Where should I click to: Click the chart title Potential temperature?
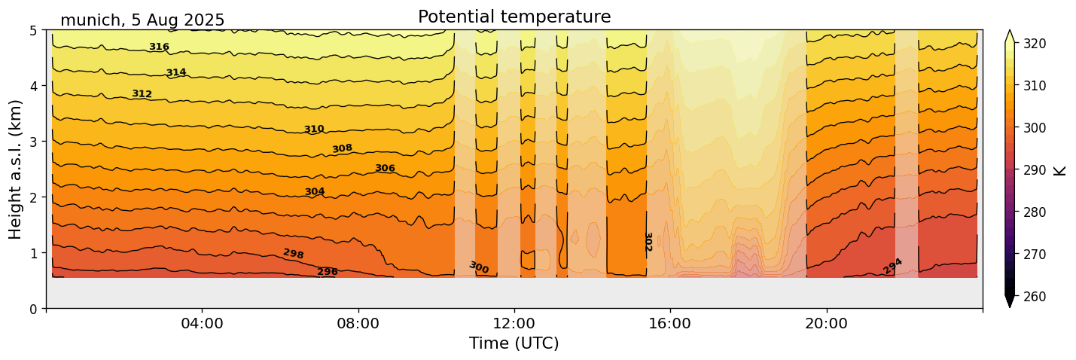[x=514, y=17]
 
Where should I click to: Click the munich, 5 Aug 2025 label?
[x=142, y=20]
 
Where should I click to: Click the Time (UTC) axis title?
[x=514, y=343]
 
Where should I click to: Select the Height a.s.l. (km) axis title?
[x=16, y=169]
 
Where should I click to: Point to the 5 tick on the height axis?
[x=35, y=31]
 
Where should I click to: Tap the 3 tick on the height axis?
[x=35, y=142]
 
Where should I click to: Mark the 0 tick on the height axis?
[x=35, y=309]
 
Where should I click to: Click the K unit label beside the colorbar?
[x=1060, y=169]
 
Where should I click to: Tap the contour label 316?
[x=159, y=47]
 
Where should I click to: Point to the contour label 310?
[x=314, y=130]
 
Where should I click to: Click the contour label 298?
[x=294, y=254]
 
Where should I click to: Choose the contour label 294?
[x=892, y=266]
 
